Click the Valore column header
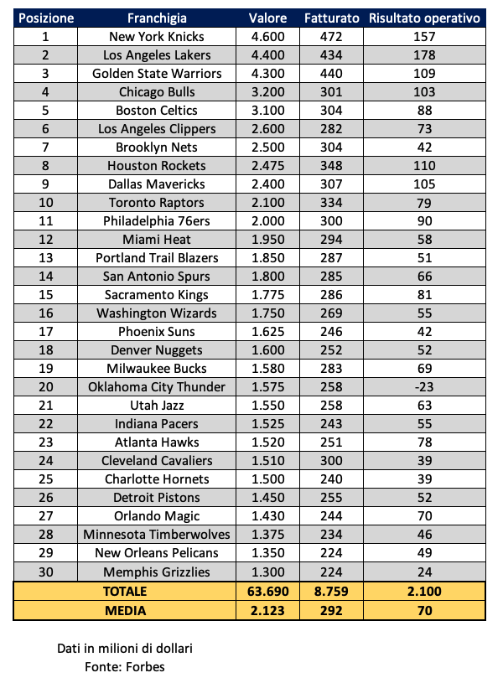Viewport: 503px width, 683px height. [x=267, y=18]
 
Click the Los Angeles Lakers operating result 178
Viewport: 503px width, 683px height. [x=424, y=55]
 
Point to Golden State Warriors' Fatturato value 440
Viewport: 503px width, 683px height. [x=332, y=74]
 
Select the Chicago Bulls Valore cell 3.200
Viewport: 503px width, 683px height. [x=267, y=92]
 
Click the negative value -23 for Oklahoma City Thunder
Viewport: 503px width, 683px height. [x=424, y=387]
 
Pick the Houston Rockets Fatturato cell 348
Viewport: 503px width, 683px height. [x=332, y=166]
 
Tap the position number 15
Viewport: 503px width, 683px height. [x=45, y=295]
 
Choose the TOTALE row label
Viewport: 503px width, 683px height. [x=126, y=592]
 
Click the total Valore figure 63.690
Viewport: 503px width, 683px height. [x=267, y=592]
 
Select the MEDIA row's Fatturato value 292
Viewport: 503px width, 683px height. [x=332, y=611]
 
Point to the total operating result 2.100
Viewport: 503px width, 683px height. [x=424, y=592]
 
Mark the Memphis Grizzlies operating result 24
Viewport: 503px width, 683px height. [x=424, y=572]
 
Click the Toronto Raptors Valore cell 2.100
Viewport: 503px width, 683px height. [x=267, y=203]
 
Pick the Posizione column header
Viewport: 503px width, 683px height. [x=45, y=18]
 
